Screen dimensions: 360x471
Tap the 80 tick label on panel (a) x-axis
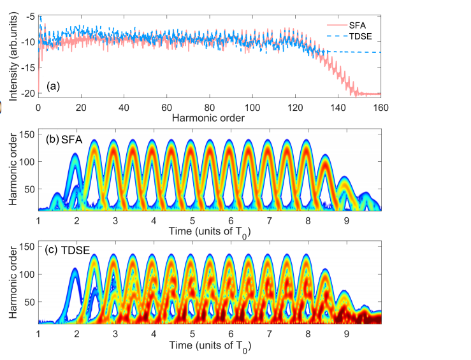tap(210, 106)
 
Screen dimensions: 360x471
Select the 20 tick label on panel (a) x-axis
tap(81, 106)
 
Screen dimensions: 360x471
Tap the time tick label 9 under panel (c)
tap(346, 333)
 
